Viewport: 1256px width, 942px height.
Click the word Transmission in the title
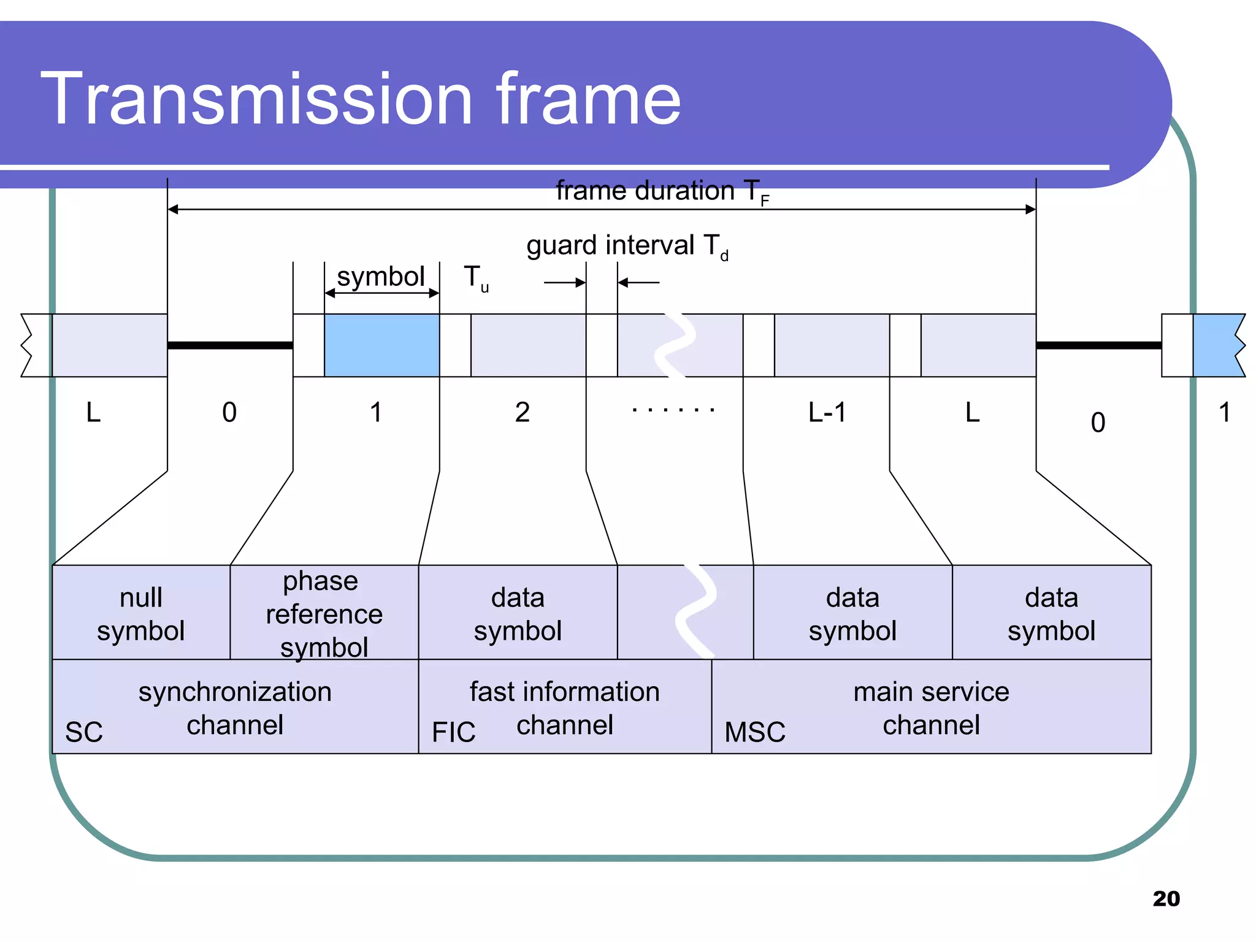point(256,99)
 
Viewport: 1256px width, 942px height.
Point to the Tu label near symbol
point(475,278)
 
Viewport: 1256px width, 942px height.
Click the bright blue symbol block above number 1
point(381,345)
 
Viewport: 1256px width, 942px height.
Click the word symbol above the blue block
point(381,277)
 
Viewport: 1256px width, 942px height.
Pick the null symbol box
point(141,613)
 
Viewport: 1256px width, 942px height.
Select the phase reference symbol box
point(324,613)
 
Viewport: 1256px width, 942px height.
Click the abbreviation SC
point(84,732)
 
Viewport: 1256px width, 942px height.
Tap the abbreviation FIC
point(453,732)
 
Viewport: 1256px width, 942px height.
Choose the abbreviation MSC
point(754,732)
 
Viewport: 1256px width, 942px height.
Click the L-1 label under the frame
point(827,413)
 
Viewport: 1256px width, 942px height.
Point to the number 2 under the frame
point(522,413)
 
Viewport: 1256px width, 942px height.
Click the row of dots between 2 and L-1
point(673,410)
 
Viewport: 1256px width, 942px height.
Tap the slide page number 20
point(1166,898)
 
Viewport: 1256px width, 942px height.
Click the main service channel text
point(930,708)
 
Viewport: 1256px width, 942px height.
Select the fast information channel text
point(564,708)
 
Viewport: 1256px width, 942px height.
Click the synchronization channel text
point(235,708)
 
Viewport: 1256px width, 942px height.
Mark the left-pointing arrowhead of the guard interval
point(623,283)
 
